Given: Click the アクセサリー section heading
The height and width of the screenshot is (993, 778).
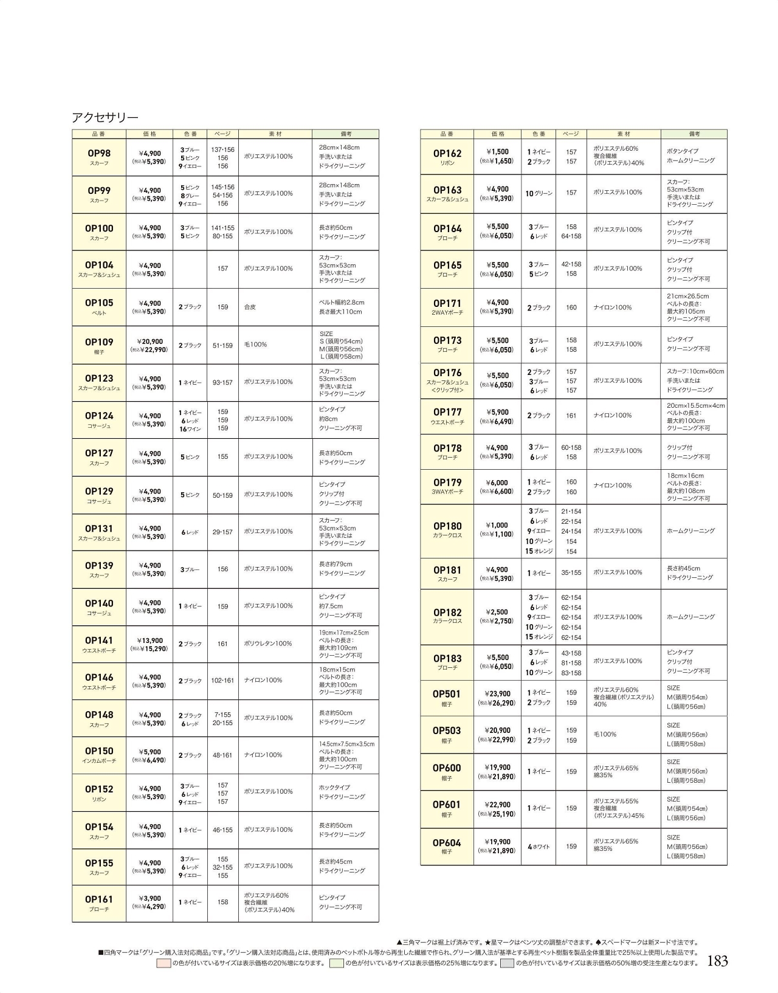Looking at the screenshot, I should click(105, 118).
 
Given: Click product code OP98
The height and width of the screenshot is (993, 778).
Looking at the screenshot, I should click(98, 154).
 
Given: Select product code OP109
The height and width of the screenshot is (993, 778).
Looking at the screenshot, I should click(98, 342).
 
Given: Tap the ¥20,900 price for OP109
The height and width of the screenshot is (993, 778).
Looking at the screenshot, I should click(150, 342).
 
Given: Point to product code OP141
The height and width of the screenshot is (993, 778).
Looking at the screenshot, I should click(98, 641).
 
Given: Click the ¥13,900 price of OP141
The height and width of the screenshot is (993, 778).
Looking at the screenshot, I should click(150, 641).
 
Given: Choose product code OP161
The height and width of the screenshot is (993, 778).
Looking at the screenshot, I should click(98, 899).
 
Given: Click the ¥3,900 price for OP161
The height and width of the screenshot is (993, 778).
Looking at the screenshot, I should click(150, 898).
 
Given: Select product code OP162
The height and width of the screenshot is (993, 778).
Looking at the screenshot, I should click(447, 154).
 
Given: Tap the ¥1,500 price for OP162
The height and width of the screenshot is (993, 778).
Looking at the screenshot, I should click(498, 152).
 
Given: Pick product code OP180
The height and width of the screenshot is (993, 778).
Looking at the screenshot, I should click(447, 526).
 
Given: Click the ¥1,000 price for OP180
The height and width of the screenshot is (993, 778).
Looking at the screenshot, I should click(498, 526).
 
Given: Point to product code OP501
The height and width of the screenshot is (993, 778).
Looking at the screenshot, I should click(447, 694).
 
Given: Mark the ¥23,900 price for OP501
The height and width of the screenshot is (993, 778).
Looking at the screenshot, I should click(498, 693).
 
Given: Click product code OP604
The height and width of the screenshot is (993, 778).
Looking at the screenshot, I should click(447, 843).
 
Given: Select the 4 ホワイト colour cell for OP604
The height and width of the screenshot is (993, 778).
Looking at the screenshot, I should click(539, 847).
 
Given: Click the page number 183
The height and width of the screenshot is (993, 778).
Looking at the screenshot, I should click(718, 961).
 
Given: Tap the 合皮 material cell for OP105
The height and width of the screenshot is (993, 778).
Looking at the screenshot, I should click(250, 308).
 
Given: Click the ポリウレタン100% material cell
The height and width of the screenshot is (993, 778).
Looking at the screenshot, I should click(268, 644).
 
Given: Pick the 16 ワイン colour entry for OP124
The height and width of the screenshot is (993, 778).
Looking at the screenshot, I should click(190, 429).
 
